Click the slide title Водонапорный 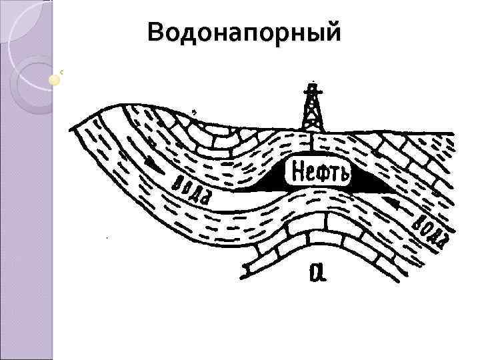coord(245,32)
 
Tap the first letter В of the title coord(157,32)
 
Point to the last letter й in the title coord(331,31)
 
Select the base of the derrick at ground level coord(311,131)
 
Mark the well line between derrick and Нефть coord(311,144)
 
